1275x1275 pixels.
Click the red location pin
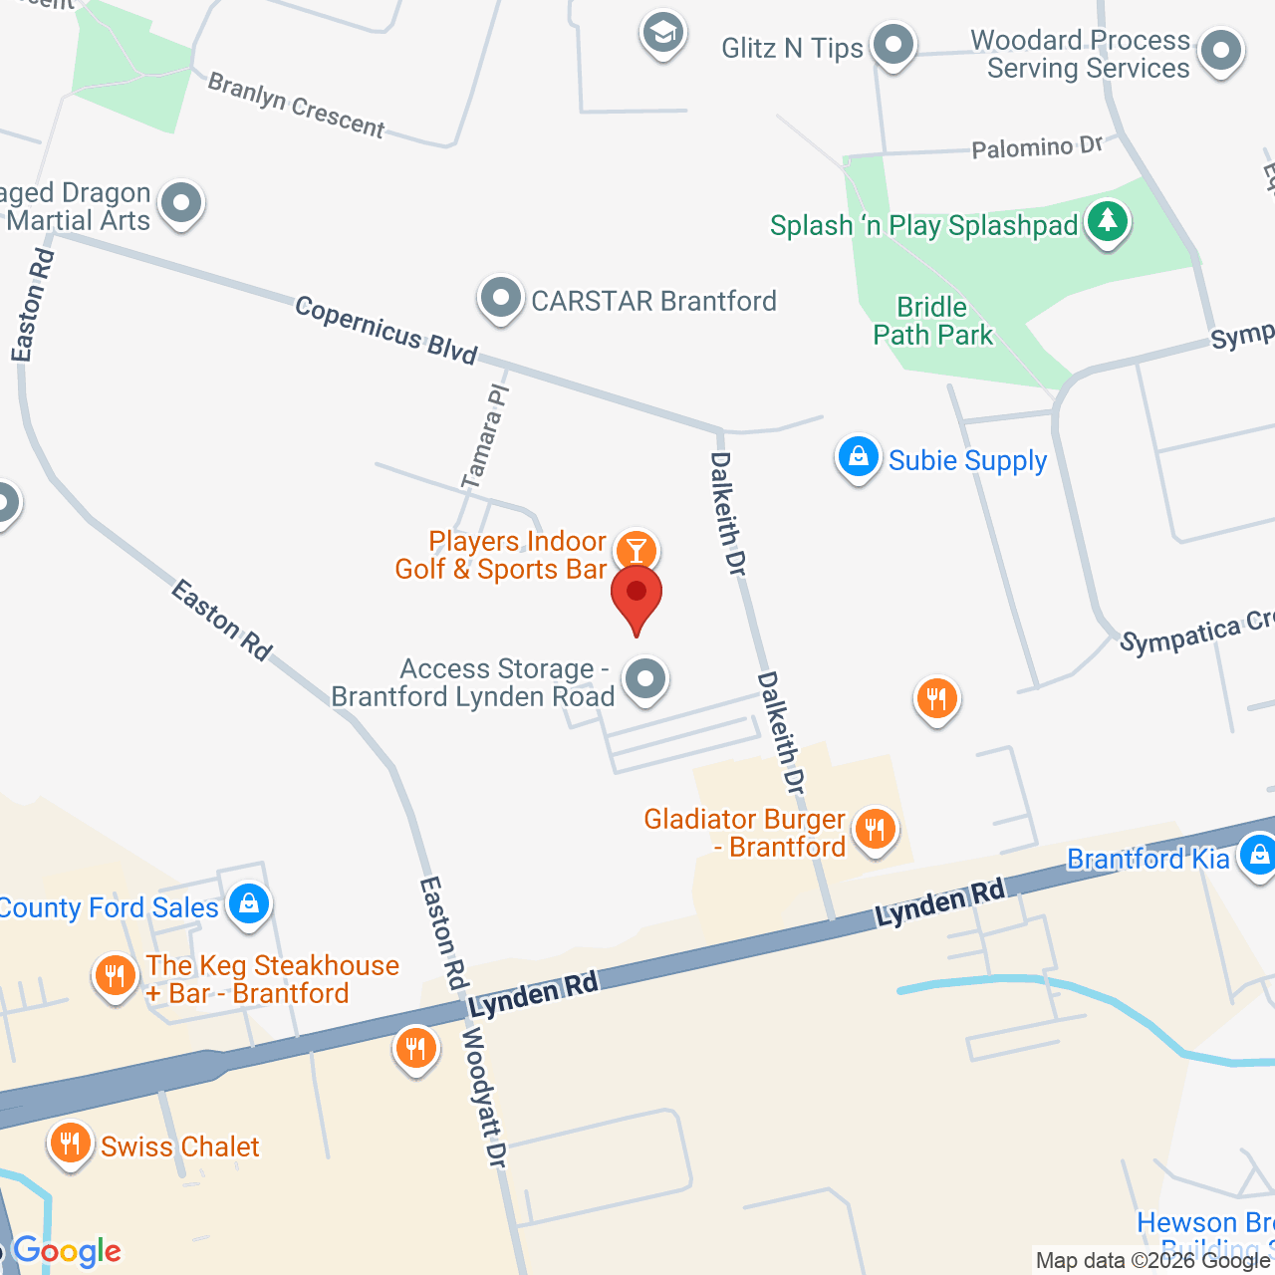(637, 595)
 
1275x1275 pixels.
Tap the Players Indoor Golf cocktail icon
(636, 550)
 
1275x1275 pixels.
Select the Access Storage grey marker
(645, 679)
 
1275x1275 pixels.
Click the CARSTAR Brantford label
(653, 301)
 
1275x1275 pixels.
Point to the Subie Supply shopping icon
(858, 457)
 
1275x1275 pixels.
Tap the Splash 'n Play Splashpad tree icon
(1107, 221)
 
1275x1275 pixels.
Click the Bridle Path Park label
(932, 321)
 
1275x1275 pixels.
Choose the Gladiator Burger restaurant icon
(875, 828)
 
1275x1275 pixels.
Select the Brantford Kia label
(1147, 859)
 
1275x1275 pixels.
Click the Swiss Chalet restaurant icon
(69, 1143)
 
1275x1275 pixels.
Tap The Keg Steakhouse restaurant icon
(115, 975)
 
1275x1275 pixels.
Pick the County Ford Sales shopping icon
(248, 903)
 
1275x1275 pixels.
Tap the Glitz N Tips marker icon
(892, 45)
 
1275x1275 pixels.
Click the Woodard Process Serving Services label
(1081, 54)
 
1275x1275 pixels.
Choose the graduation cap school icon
(662, 34)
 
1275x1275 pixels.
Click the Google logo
(68, 1251)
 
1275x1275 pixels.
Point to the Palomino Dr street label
(1037, 147)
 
